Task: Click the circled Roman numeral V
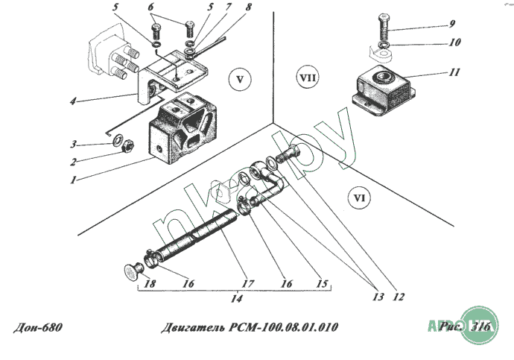[240, 80]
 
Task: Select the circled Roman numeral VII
[308, 78]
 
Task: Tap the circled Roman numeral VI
[359, 198]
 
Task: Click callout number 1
[74, 180]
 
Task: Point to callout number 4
[73, 101]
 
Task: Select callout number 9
[452, 24]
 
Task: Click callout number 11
[454, 72]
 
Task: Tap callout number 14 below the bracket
[236, 298]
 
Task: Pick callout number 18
[150, 283]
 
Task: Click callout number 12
[399, 297]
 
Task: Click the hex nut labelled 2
[128, 145]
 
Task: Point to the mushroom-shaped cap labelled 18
[134, 271]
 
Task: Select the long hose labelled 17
[195, 236]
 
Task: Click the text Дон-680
[38, 327]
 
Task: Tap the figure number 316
[480, 326]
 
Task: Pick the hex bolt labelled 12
[288, 154]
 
